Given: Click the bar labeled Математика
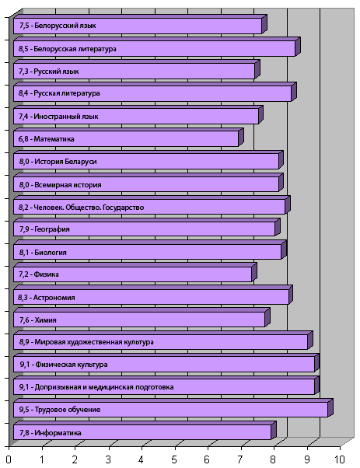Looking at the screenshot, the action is (128, 138).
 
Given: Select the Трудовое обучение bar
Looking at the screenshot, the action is (173, 407).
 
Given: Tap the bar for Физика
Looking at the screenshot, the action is (135, 273).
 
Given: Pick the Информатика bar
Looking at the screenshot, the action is (145, 431).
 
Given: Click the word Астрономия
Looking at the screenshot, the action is (54, 298).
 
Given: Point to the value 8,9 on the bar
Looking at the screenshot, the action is (24, 342).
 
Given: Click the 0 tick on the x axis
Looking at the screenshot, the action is (9, 459).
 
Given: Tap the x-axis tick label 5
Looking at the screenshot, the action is (174, 459).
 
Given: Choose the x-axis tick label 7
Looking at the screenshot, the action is (240, 459).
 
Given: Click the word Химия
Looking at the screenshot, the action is (45, 320).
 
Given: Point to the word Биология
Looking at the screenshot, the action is (51, 253).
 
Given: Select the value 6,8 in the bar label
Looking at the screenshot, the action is (23, 139).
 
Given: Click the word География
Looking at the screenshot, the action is (52, 229).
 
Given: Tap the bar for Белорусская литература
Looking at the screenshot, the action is (157, 47).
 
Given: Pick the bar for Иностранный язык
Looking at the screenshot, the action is (138, 114).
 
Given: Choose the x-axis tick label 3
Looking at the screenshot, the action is (108, 459).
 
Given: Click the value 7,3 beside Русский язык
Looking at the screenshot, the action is (23, 72).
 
